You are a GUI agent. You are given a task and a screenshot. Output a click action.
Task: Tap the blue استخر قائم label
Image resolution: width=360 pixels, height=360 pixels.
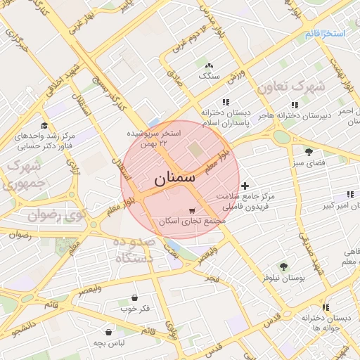326,33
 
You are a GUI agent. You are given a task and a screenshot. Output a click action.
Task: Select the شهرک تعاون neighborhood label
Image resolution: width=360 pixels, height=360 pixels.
291,88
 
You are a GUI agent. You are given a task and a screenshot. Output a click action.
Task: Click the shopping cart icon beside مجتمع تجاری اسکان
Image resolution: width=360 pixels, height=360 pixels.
192,210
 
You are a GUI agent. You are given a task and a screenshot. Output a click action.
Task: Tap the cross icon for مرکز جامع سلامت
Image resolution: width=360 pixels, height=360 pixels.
244,186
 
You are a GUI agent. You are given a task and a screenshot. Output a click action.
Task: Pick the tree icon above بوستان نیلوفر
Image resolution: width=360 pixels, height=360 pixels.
283,266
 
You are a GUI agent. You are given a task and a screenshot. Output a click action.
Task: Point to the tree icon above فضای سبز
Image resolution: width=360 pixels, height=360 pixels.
309,151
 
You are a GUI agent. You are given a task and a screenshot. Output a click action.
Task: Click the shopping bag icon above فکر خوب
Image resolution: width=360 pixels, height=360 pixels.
134,297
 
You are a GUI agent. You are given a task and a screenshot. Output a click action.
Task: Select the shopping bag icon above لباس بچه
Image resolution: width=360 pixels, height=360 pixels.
109,331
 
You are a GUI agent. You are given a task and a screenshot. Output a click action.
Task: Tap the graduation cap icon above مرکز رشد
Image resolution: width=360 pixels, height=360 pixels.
44,124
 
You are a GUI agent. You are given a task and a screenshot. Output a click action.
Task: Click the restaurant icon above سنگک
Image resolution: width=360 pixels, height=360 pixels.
210,64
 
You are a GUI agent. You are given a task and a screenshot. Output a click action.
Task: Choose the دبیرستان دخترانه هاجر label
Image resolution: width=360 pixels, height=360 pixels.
288,115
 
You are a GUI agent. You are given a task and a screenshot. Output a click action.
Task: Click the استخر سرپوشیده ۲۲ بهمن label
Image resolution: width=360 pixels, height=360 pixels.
154,138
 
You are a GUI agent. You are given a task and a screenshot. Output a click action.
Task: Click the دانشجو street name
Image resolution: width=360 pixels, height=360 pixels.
18,328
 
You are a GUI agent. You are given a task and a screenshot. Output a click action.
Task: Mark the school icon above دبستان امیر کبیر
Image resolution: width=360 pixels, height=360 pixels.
349,194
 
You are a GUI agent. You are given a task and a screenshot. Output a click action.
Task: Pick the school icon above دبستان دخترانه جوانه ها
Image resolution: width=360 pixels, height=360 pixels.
326,307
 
